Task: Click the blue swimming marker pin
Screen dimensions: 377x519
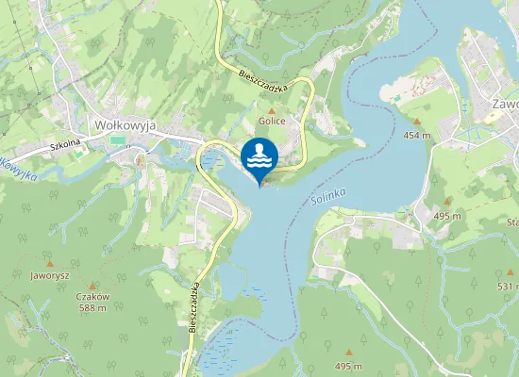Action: pyautogui.click(x=259, y=156)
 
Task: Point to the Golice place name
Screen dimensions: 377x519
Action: pyautogui.click(x=272, y=122)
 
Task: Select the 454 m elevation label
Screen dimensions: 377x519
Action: pyautogui.click(x=416, y=135)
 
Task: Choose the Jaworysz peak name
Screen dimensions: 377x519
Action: pyautogui.click(x=50, y=275)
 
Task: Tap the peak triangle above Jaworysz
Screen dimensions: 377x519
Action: pyautogui.click(x=50, y=263)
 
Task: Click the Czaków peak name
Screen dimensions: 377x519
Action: pyautogui.click(x=93, y=296)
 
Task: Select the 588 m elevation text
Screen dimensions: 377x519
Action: pyautogui.click(x=93, y=307)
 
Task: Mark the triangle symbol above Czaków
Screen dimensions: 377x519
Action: pyautogui.click(x=93, y=285)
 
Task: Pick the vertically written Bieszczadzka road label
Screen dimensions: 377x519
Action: pyautogui.click(x=194, y=306)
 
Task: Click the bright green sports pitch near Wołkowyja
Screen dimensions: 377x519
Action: pyautogui.click(x=117, y=140)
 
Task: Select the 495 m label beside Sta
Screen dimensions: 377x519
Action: pyautogui.click(x=446, y=216)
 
